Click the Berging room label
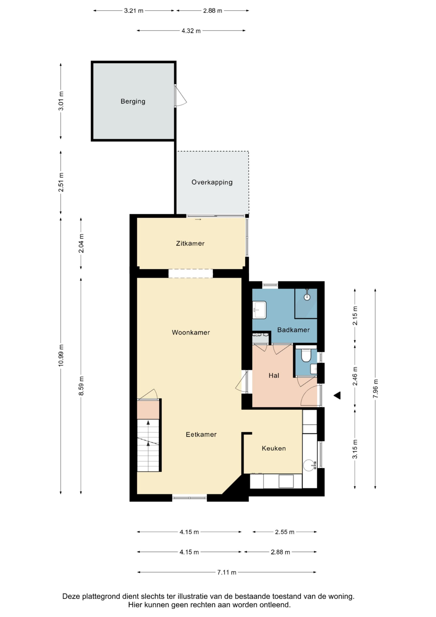coord(133,102)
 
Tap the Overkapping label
coord(212,182)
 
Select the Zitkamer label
coord(190,244)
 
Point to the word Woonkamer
coord(191,332)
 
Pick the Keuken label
coord(274,448)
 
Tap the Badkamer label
coord(293,330)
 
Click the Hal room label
coord(274,375)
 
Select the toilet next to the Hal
coord(306,355)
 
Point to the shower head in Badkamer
coord(307,297)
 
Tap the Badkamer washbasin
coord(259,310)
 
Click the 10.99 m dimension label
coord(61,355)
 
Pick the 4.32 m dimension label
coord(191,31)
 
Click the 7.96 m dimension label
coord(376,389)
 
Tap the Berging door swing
coord(180,96)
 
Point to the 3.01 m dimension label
coord(61,101)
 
